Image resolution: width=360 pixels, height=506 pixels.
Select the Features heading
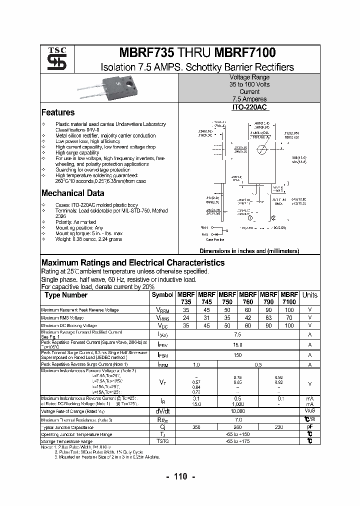click(57, 112)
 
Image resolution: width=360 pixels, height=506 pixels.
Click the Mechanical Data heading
click(72, 193)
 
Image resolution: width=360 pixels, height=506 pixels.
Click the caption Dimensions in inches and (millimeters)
click(249, 251)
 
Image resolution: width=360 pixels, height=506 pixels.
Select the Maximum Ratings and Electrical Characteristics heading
click(132, 263)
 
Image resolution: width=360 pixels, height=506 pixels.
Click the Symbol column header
click(162, 295)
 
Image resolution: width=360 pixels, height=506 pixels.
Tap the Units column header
click(310, 295)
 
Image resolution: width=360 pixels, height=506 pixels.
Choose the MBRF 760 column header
click(248, 298)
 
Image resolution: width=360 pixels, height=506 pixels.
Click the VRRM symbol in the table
click(162, 310)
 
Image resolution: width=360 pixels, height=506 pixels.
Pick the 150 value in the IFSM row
click(237, 355)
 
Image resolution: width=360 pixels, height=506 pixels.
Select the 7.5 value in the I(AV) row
click(237, 334)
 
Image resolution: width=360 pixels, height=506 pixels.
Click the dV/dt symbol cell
click(162, 411)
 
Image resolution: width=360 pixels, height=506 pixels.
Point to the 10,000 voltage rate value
click(237, 411)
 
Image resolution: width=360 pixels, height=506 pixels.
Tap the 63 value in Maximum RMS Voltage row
click(268, 318)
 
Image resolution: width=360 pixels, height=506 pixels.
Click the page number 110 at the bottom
click(180, 476)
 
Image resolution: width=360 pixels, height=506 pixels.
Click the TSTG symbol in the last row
click(162, 441)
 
